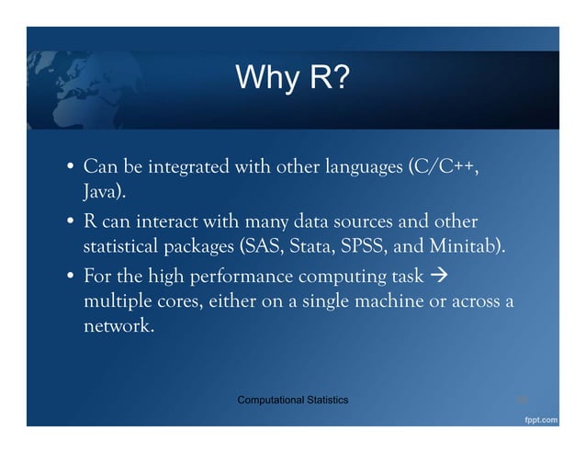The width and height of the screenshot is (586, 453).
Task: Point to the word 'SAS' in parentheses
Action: (x=261, y=248)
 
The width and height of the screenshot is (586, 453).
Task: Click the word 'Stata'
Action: (x=310, y=248)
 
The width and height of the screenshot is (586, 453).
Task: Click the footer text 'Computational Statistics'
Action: (x=292, y=400)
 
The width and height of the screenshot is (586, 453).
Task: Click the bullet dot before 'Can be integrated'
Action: (x=70, y=171)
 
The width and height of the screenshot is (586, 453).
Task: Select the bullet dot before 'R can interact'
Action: (x=70, y=224)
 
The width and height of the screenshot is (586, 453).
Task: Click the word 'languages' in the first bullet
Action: (x=365, y=169)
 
